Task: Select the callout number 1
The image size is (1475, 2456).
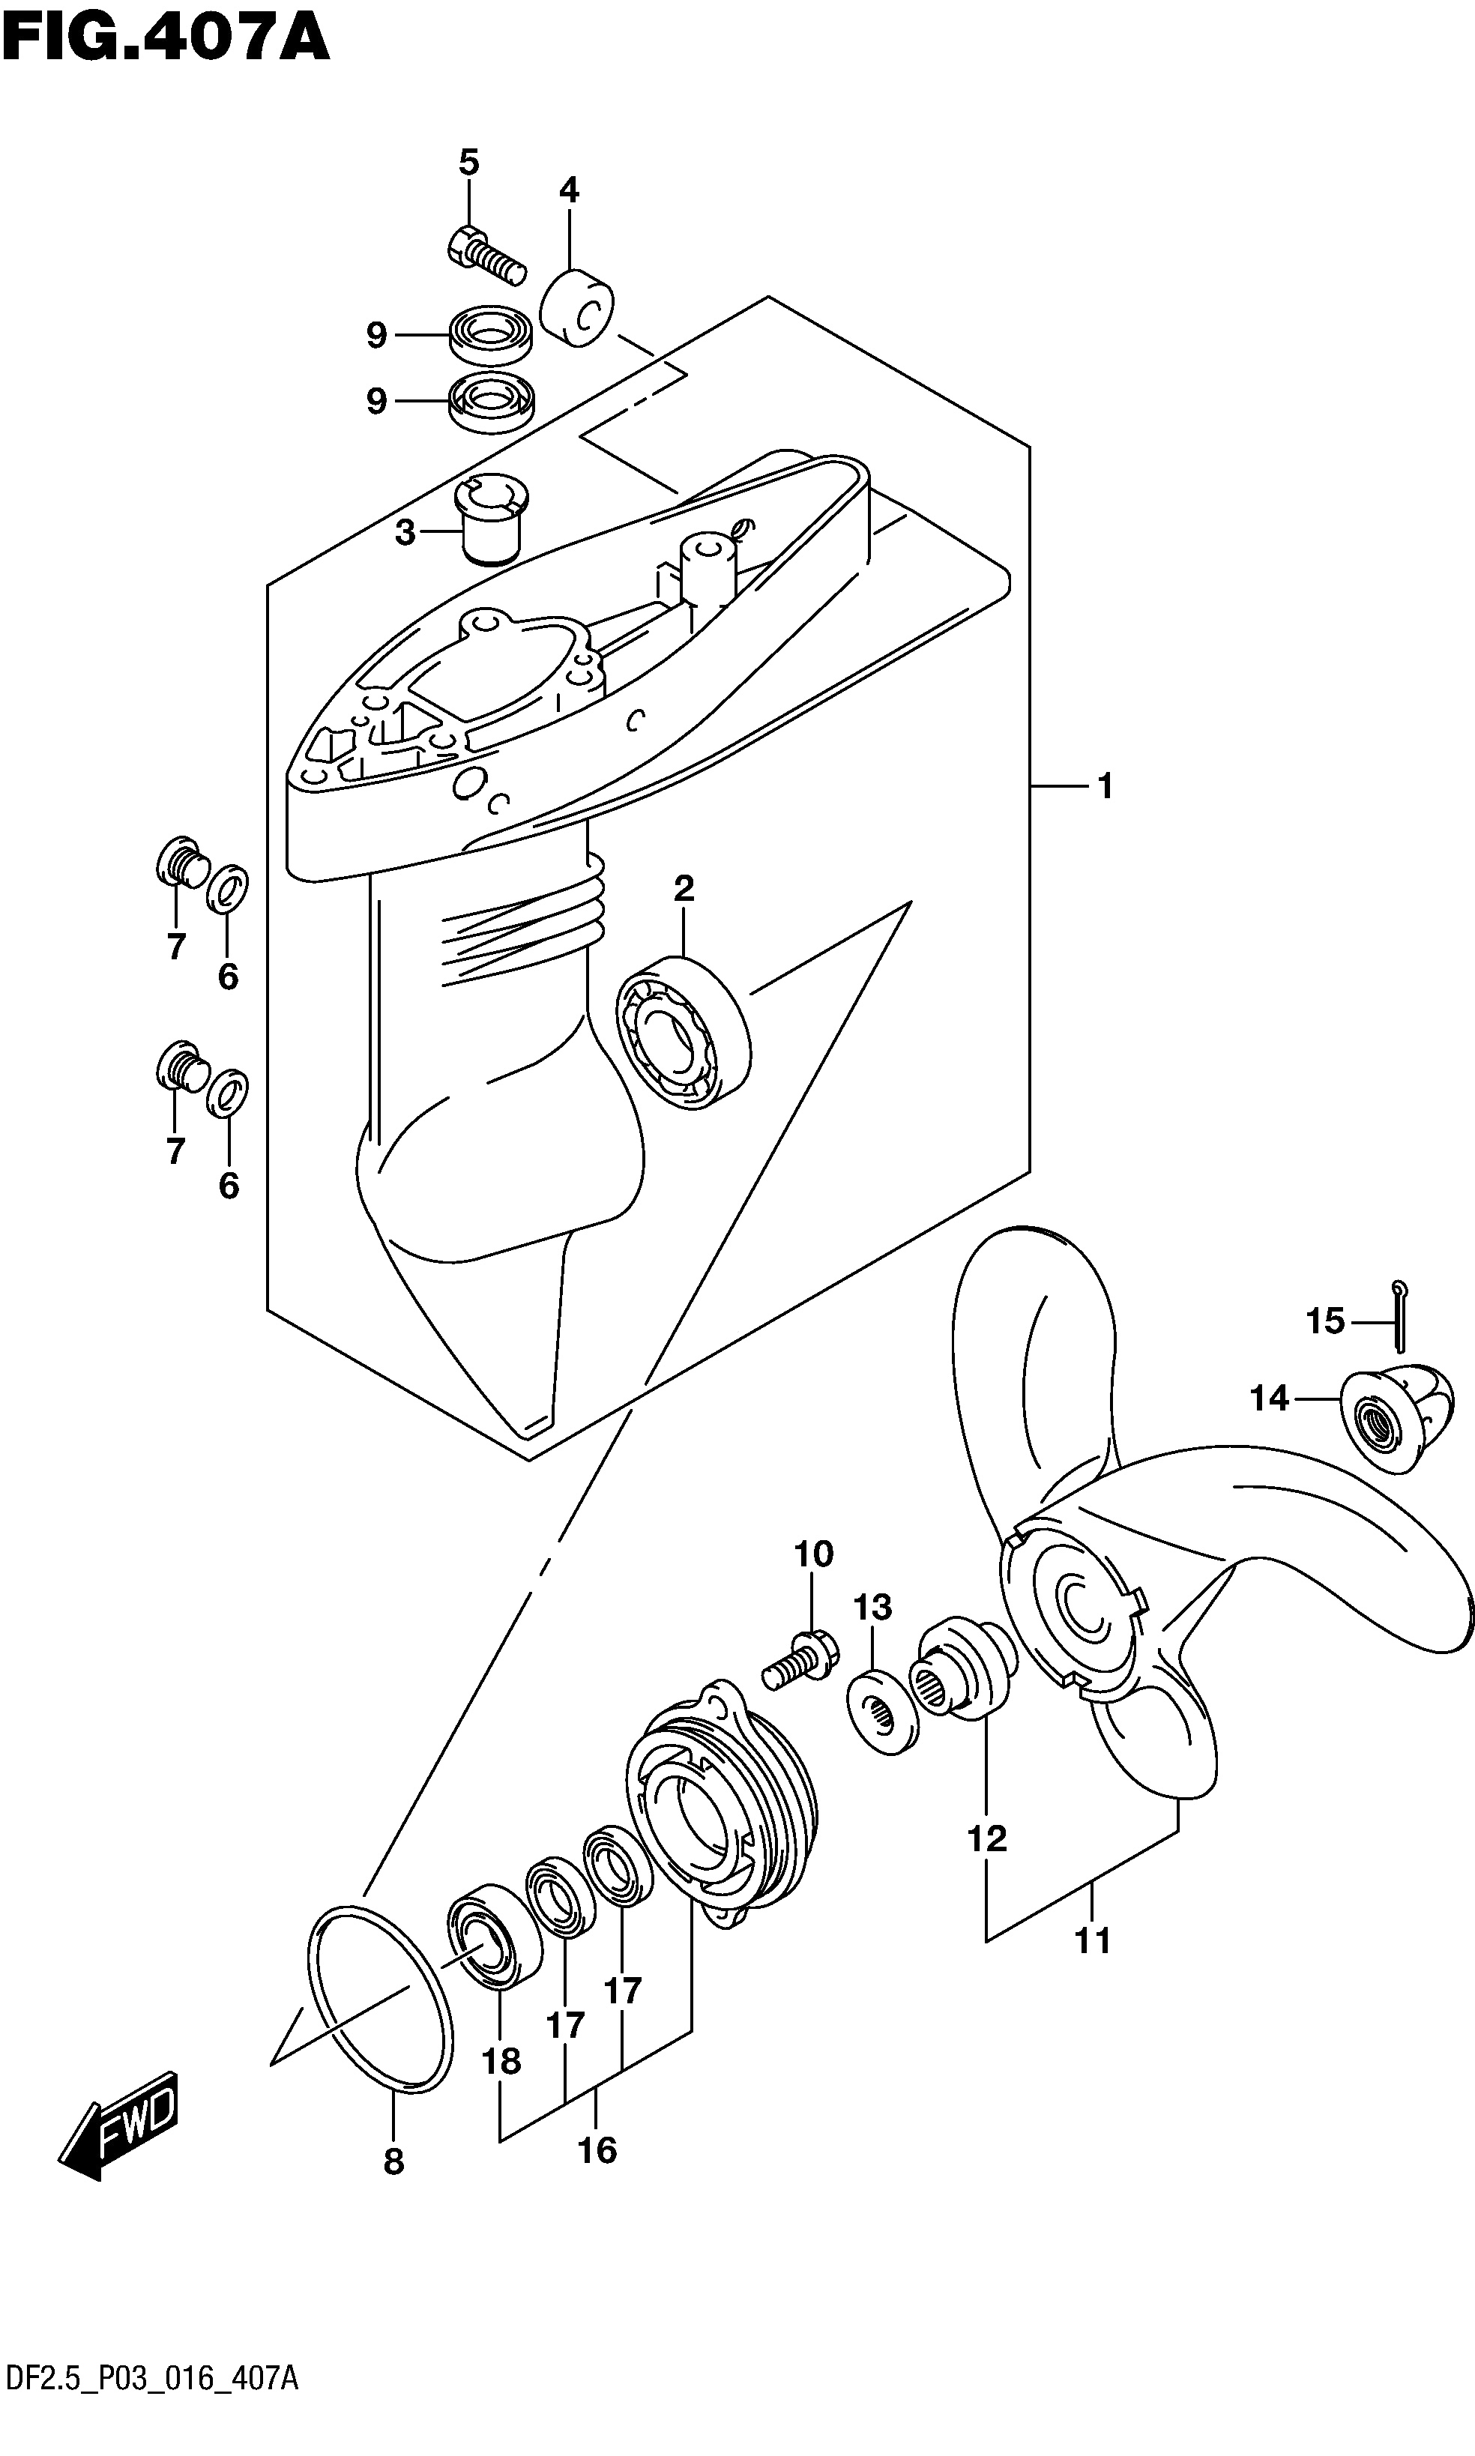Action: (1104, 786)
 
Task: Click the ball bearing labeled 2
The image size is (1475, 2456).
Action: (683, 1032)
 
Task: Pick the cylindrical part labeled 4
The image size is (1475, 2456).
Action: (577, 304)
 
